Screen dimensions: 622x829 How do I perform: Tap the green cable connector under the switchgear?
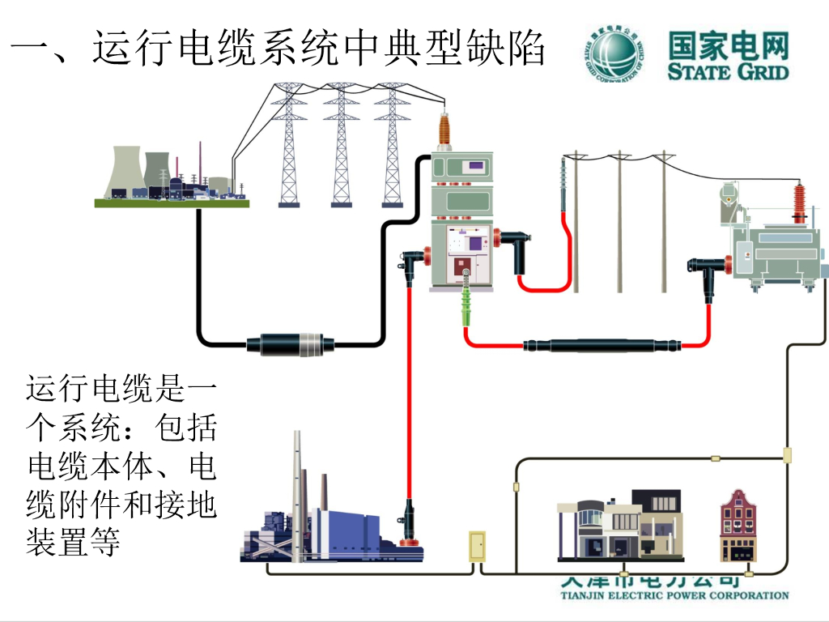coord(467,305)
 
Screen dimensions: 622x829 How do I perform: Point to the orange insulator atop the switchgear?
coord(444,130)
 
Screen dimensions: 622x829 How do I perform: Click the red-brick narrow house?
coord(738,526)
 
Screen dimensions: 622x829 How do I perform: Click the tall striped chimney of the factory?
coord(297,494)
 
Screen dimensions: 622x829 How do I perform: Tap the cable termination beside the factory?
coord(410,522)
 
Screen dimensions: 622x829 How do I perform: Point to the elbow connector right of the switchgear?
coord(509,239)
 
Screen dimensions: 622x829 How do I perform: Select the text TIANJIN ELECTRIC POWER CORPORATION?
coord(674,595)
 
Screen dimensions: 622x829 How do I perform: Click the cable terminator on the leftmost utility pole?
coord(564,185)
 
